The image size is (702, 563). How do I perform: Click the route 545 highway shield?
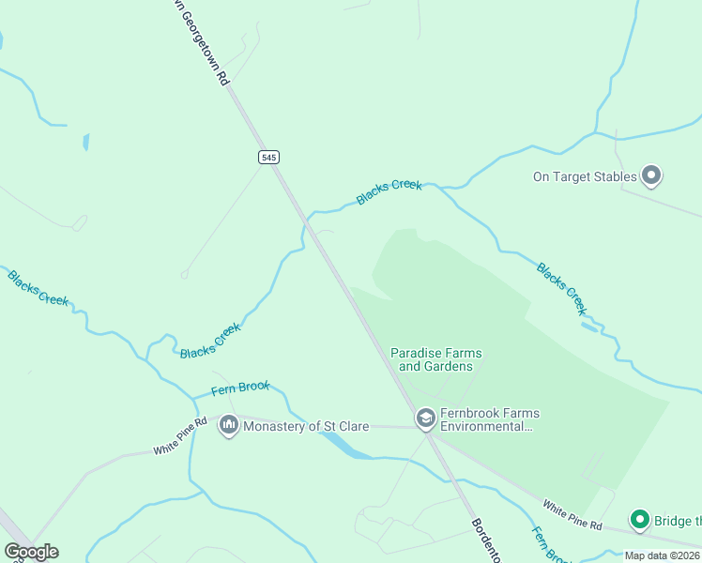point(269,158)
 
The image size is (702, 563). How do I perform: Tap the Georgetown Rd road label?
point(201,43)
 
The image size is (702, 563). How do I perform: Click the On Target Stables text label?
point(585,175)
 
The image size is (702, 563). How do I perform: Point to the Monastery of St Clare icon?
point(228,426)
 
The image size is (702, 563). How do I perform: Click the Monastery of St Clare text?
point(306,426)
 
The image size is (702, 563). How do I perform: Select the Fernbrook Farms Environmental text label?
point(491,419)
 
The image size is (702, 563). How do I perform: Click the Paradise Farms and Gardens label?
point(436,359)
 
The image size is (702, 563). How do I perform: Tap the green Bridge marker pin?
point(640,519)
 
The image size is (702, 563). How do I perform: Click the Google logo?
point(31,552)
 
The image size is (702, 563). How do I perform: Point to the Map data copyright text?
point(662,555)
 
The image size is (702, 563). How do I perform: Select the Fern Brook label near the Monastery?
point(240,387)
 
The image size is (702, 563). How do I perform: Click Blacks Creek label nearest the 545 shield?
point(389,192)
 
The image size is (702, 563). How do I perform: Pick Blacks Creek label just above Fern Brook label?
point(211,340)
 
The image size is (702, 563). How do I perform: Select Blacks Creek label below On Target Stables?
point(562,288)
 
